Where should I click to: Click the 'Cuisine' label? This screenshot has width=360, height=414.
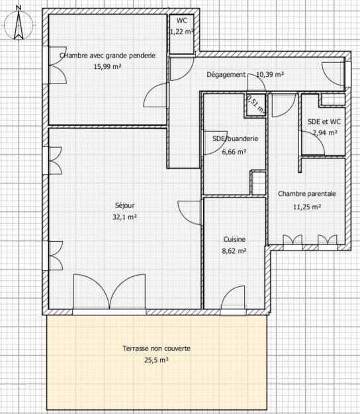coord(234,240)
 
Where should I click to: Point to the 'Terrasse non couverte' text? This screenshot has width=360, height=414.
coord(156,349)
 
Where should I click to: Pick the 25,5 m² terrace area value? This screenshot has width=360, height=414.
coord(156,360)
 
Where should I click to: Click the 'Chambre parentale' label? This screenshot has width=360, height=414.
coord(307,194)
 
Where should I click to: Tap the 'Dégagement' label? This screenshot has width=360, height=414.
coord(226,75)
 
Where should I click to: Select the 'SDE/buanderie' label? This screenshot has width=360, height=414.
coord(230,139)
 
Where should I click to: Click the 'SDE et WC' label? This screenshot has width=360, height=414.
coord(324,122)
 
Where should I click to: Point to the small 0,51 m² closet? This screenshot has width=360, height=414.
coord(255,103)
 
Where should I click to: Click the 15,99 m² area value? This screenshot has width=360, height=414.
coord(107,67)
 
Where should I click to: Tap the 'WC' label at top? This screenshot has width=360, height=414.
coord(181,21)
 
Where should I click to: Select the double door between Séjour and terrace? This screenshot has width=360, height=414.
coord(109,293)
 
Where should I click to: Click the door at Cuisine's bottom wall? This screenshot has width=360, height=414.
coord(234,297)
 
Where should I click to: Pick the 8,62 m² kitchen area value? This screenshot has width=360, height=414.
coord(234,251)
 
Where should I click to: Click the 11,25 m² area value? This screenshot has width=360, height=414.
coord(307,206)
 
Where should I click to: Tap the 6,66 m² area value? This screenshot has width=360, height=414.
coord(234,151)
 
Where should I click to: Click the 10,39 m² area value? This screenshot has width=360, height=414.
coord(270,75)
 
